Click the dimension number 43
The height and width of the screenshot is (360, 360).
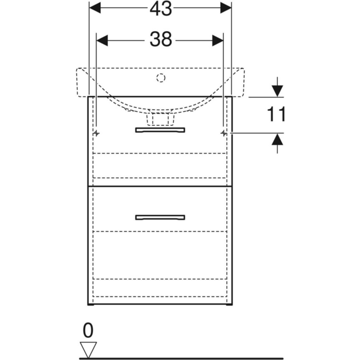[x=161, y=9]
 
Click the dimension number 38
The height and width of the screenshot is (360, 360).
[x=161, y=39]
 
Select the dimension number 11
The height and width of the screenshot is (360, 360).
[x=276, y=114]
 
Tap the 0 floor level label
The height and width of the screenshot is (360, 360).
[x=88, y=330]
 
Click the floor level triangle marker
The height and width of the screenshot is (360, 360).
[x=88, y=350]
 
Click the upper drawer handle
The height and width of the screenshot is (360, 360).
[x=160, y=130]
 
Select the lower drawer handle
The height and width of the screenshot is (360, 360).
[x=160, y=217]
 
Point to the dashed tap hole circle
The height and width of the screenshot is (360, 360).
[x=161, y=78]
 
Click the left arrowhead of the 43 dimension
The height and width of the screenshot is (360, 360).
[x=95, y=8]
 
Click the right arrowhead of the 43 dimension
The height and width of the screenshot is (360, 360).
[x=226, y=8]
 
